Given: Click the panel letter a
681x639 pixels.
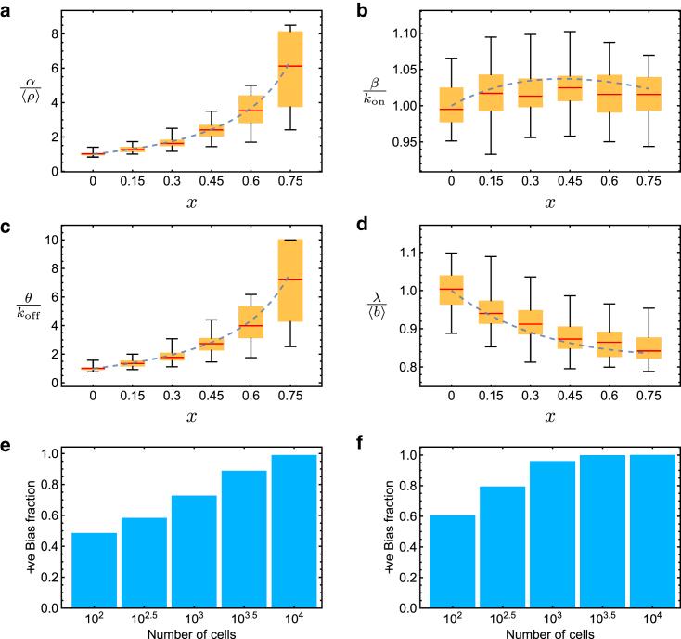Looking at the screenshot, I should click(6, 8).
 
